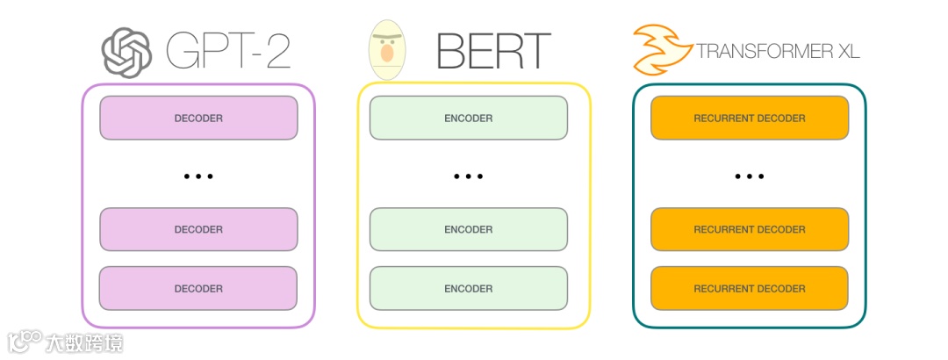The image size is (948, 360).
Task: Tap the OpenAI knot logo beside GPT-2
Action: (127, 52)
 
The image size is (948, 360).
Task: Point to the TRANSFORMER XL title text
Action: (778, 52)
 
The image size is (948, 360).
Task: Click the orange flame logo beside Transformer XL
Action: (661, 50)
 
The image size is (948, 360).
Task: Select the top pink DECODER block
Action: (198, 118)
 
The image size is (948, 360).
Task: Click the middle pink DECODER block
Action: (198, 229)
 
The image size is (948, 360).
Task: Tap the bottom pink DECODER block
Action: (198, 288)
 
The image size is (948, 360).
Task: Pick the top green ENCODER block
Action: (468, 118)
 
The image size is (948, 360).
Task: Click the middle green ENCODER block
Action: (468, 229)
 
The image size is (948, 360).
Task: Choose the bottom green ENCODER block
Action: (468, 288)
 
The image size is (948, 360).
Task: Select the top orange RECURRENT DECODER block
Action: (749, 118)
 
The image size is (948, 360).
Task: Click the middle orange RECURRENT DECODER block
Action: (749, 229)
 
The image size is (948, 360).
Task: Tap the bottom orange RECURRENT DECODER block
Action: (749, 288)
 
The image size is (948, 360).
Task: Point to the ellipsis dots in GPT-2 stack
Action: (198, 176)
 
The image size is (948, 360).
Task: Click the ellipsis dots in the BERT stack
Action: (468, 176)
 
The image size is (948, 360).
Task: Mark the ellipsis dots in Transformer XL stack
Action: (749, 176)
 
